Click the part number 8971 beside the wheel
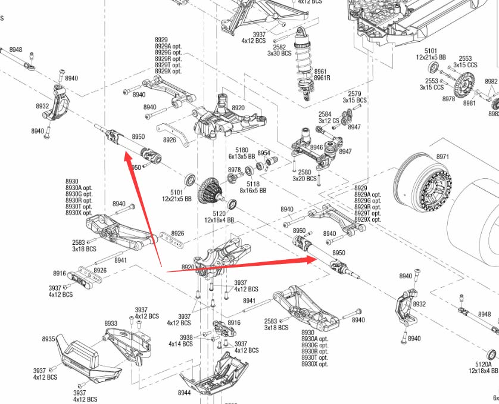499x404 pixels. pos(442,157)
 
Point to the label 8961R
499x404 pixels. pos(323,78)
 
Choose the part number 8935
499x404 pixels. pos(49,339)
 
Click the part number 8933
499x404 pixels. pos(111,324)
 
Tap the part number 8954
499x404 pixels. pos(263,153)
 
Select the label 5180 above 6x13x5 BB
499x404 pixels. pos(242,150)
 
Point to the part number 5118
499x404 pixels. pos(254,184)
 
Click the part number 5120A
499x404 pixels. pos(484,364)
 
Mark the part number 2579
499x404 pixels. pos(354,94)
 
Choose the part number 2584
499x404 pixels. pos(325,114)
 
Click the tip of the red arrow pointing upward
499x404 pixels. pos(125,154)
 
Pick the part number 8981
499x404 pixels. pos(469,102)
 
